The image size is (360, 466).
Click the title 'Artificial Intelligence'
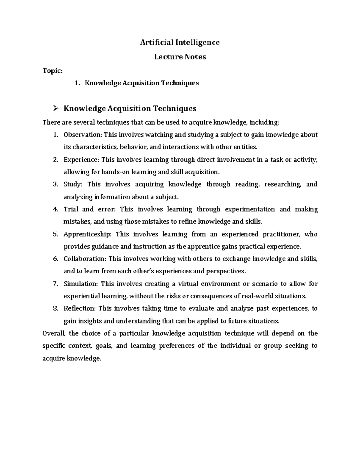pyautogui.click(x=180, y=42)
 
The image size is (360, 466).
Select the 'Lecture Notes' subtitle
pyautogui.click(x=180, y=57)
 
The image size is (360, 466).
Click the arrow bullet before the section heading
pyautogui.click(x=55, y=108)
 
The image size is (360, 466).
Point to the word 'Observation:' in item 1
pyautogui.click(x=83, y=135)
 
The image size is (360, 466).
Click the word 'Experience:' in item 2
pyautogui.click(x=81, y=160)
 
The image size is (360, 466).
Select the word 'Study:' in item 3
pyautogui.click(x=73, y=184)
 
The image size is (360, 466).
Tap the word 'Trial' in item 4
pyautogui.click(x=70, y=209)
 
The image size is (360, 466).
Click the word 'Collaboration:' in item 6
pyautogui.click(x=85, y=259)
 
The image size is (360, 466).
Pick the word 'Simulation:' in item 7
pyautogui.click(x=81, y=284)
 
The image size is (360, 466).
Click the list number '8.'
pyautogui.click(x=55, y=308)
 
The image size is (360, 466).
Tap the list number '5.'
pyautogui.click(x=55, y=234)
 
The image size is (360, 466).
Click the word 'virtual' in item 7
pyautogui.click(x=188, y=284)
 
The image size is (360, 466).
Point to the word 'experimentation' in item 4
pyautogui.click(x=250, y=209)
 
